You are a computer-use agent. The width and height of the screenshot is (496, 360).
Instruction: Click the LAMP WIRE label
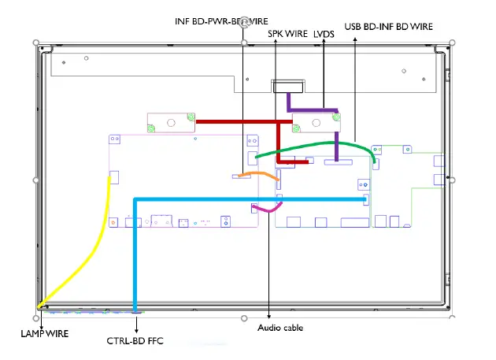click(44, 334)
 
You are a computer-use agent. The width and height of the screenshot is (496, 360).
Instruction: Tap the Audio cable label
click(280, 328)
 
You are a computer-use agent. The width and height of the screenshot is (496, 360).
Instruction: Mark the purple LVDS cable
click(315, 109)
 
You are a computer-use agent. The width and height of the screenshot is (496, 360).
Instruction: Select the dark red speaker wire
click(236, 122)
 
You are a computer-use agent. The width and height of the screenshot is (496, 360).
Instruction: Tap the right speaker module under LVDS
click(316, 123)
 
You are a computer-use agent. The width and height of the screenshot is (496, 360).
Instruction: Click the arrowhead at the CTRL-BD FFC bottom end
click(137, 311)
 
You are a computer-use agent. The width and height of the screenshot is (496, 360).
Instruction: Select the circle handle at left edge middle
click(36, 180)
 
